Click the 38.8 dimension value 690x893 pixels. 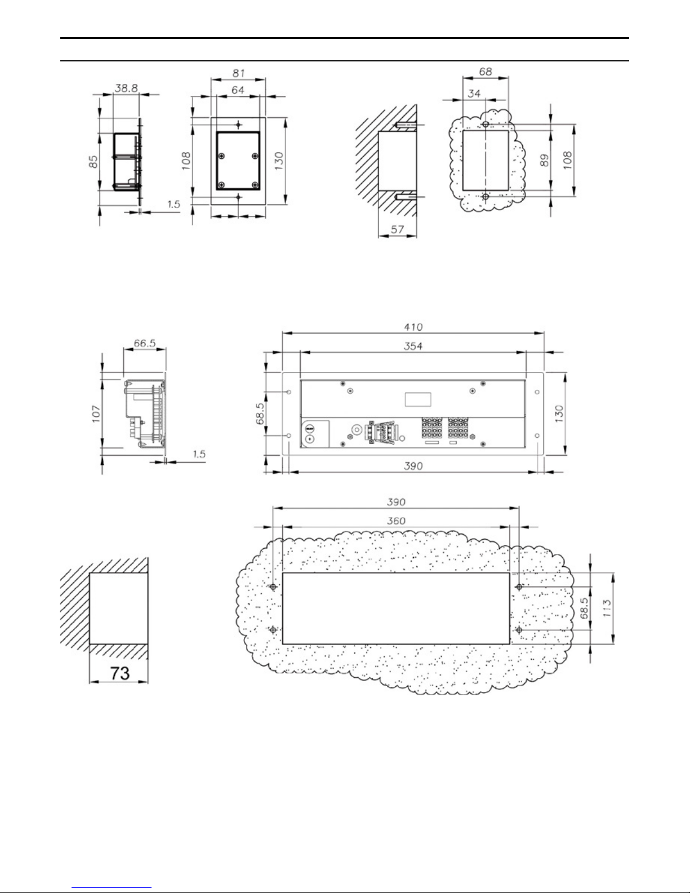(126, 88)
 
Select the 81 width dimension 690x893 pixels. (239, 73)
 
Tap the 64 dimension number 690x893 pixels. (238, 90)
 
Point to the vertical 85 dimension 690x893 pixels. (94, 161)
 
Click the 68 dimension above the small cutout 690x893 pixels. (485, 72)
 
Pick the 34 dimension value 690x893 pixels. (474, 94)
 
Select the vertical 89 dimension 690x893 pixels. (544, 160)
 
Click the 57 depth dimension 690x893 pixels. (397, 229)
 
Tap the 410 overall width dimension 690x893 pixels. (413, 327)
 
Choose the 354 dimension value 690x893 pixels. (413, 346)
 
